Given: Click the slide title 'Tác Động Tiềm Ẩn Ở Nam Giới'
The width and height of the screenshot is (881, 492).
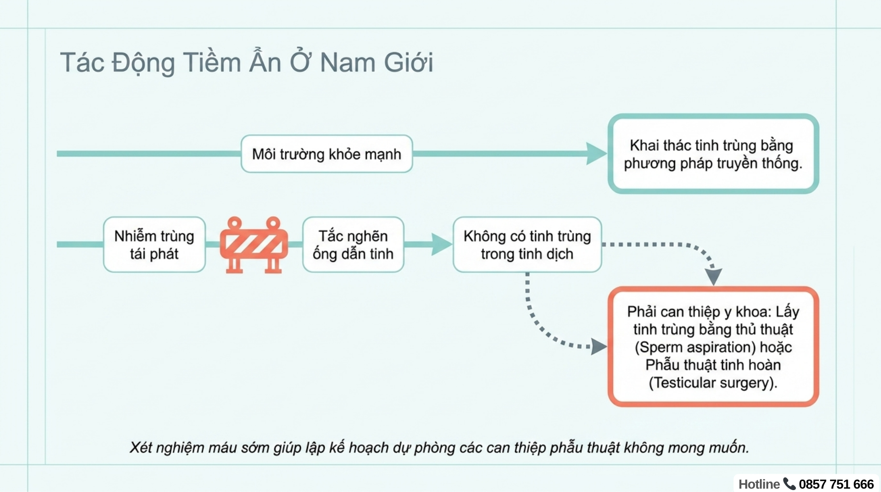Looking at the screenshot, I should coord(246,63).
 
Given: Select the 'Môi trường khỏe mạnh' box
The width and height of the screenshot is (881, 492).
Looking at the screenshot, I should coord(327,154).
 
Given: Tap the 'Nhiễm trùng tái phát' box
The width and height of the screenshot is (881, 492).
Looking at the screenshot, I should coord(154,245).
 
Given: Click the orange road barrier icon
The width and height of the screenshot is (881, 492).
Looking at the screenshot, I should coord(254,245).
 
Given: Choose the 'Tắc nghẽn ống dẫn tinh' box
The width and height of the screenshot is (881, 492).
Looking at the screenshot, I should coord(353,245).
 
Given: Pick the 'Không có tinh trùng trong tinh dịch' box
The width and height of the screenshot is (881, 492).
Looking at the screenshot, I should coord(527,245).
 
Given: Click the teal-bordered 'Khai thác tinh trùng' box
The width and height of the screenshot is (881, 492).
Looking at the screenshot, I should coord(713,154).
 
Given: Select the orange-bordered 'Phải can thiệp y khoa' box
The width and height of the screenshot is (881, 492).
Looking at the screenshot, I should coord(713,347).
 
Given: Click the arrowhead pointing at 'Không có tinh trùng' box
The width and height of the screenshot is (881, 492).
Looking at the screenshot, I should coord(440,245).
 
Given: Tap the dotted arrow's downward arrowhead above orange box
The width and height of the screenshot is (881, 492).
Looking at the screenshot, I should coord(713,276).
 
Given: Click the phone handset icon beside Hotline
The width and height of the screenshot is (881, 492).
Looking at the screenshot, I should coord(789,483).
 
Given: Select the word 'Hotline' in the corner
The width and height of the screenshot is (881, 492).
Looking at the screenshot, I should coord(759,484).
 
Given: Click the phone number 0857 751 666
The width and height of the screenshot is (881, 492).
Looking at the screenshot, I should coord(836,484).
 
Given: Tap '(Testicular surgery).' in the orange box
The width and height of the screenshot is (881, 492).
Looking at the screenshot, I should coord(713,383).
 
